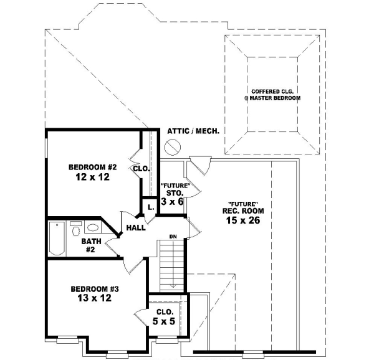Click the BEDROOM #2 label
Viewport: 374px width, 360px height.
pyautogui.click(x=93, y=167)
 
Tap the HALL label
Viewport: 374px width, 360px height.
pyautogui.click(x=136, y=228)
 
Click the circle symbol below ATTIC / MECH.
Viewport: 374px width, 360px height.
pyautogui.click(x=173, y=147)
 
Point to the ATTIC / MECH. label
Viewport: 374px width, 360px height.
pyautogui.click(x=191, y=131)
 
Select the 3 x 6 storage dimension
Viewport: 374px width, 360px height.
pyautogui.click(x=171, y=202)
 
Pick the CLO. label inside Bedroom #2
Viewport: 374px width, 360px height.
pyautogui.click(x=140, y=168)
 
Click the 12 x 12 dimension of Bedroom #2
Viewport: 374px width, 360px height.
pyautogui.click(x=93, y=178)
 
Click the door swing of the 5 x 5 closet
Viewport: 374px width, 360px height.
pyautogui.click(x=140, y=315)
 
